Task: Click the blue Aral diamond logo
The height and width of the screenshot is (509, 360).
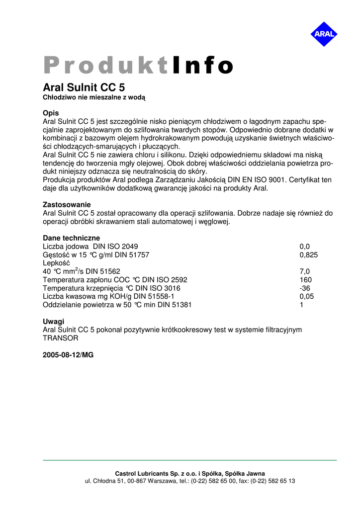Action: coord(324,34)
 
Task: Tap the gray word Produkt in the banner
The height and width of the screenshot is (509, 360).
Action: coord(106,66)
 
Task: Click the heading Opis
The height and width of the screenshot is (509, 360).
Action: coord(51,113)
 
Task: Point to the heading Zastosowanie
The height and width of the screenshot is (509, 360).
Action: coord(67,205)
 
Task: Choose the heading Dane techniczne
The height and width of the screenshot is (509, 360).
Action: coord(71,238)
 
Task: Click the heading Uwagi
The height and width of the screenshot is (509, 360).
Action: coord(53,322)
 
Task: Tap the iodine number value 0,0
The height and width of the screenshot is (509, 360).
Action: coord(304,247)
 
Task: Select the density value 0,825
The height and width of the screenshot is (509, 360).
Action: coord(308,255)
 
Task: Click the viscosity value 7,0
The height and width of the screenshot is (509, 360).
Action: coord(304,271)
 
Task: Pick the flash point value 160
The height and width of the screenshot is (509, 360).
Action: coord(305,280)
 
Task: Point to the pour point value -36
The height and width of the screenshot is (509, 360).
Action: coord(305,288)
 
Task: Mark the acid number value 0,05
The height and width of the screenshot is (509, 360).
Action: coord(306,297)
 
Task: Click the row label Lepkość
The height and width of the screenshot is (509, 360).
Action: coord(57,263)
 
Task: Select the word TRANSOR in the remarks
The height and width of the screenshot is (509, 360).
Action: coord(61,338)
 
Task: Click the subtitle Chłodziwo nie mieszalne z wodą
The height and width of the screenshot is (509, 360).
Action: coord(94,98)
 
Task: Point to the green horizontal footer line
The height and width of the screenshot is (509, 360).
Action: coord(189,460)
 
